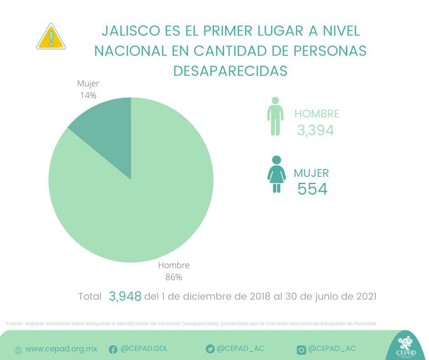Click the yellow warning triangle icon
click(51, 37)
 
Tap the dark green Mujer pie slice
click(108, 132)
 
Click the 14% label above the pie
click(88, 95)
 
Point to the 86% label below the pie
click(173, 277)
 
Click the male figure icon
click(275, 116)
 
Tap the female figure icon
click(277, 174)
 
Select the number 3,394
click(315, 131)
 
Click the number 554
click(313, 189)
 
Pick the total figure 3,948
click(125, 296)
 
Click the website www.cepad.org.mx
click(61, 349)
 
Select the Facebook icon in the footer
click(113, 349)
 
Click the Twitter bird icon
click(210, 349)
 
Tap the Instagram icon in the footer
click(301, 349)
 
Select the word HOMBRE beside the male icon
click(317, 114)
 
